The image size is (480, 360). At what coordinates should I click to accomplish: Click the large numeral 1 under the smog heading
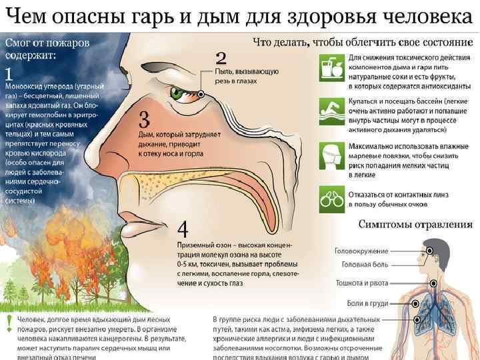coord(9,72)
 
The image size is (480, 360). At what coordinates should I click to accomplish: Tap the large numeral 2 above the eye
coord(221,57)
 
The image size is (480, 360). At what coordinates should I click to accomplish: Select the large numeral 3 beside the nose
coord(143,120)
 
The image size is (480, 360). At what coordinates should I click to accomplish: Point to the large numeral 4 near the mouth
coord(183,229)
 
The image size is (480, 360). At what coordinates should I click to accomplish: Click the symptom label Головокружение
coord(361,251)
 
